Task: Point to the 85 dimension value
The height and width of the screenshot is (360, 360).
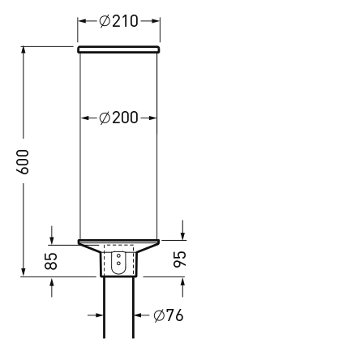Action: coord(51,260)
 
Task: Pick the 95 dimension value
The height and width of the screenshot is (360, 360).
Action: coord(182,259)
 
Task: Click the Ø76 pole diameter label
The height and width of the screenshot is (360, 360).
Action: coord(168,315)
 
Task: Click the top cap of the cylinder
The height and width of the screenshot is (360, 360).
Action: coord(118,50)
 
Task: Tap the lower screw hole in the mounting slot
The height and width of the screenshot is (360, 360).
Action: coord(118,264)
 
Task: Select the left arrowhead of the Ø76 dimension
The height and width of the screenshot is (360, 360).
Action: coord(98,315)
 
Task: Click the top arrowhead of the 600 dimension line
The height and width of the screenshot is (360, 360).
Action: coord(24,51)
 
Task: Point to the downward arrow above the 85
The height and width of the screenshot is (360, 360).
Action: coord(52,238)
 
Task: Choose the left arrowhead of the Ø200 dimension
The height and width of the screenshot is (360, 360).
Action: coord(85,118)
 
